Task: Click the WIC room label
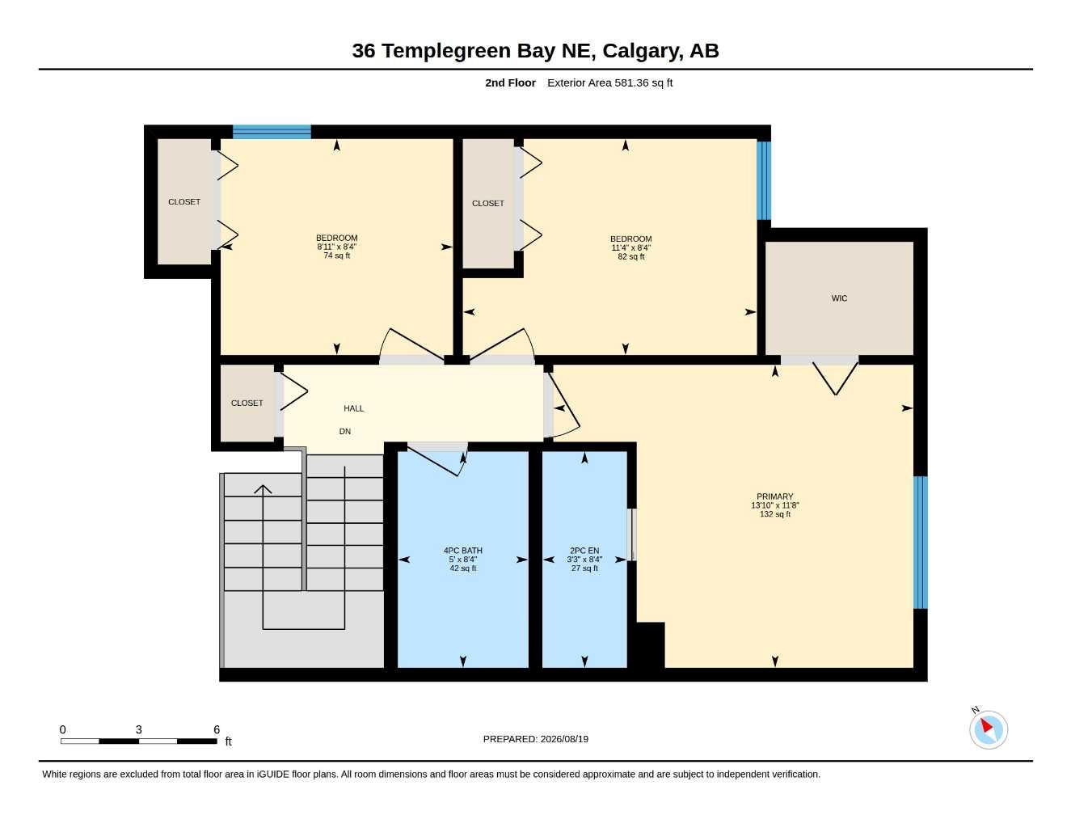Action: click(839, 298)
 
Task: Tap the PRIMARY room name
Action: click(775, 496)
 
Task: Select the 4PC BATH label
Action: click(463, 551)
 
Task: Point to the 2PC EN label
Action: click(584, 551)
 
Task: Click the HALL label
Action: click(354, 408)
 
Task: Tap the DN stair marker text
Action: click(345, 431)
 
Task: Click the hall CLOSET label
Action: click(247, 403)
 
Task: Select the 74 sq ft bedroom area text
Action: click(336, 256)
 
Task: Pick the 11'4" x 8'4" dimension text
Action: click(630, 248)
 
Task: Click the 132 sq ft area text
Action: click(775, 514)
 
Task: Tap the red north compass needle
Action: click(987, 725)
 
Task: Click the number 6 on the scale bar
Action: click(217, 729)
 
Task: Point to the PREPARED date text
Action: click(536, 739)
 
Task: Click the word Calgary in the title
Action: click(643, 51)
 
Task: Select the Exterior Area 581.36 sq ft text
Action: click(609, 82)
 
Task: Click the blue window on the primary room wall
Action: click(920, 542)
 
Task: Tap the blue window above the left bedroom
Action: click(272, 132)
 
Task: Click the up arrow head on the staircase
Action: click(263, 489)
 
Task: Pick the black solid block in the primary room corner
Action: click(650, 644)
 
